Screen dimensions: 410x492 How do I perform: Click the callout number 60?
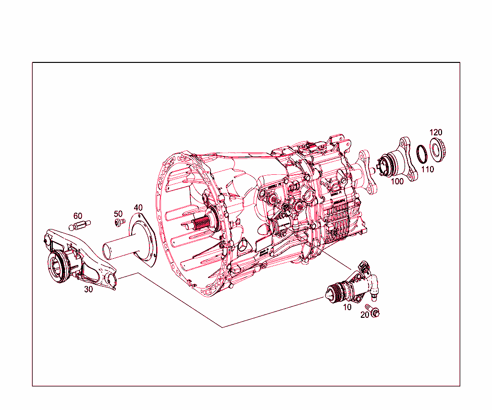78,216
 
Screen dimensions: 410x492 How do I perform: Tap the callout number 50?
118,213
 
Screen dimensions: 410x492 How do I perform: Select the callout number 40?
138,207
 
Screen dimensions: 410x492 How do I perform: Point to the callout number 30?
88,289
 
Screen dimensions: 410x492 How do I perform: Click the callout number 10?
347,306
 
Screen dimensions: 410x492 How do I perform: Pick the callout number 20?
365,314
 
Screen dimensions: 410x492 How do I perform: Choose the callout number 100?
397,181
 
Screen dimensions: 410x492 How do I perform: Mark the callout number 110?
428,169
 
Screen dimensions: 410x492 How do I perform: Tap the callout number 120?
436,132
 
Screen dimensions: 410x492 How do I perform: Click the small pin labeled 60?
81,224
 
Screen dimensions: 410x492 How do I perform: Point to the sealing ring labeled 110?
422,154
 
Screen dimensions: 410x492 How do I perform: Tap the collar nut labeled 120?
438,148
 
